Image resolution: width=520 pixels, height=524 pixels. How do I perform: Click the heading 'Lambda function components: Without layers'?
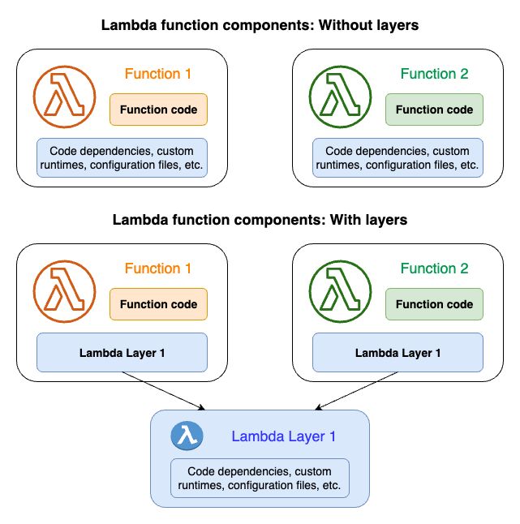tap(260, 25)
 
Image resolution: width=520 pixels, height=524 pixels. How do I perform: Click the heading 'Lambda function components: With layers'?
tap(260, 220)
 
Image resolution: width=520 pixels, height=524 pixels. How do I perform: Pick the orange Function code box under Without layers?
tap(159, 110)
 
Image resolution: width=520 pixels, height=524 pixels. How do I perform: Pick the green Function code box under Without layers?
tap(434, 110)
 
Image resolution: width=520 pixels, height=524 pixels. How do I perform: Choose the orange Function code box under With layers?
tap(159, 304)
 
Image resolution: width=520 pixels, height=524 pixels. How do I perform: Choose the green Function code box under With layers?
tap(434, 304)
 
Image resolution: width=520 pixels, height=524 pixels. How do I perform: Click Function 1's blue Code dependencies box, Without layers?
tap(122, 158)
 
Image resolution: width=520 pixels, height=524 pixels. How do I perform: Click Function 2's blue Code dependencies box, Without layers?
tap(398, 158)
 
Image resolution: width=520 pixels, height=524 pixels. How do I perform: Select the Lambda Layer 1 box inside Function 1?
tap(122, 353)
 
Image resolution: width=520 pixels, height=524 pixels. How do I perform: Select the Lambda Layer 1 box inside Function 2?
tap(398, 353)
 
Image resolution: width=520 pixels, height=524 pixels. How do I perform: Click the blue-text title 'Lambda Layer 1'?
tap(283, 436)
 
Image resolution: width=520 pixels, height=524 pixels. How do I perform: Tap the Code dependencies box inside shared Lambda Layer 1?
tap(260, 479)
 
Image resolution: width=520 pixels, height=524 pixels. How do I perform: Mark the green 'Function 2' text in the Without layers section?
tap(434, 74)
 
